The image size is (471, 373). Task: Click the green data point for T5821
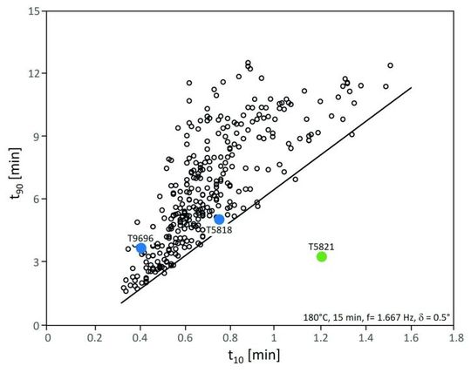tap(321, 256)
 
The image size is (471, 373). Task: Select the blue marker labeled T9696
tap(140, 248)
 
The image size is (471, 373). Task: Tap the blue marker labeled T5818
tap(219, 220)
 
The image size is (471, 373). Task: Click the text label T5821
tap(321, 246)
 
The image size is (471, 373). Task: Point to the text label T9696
tap(141, 237)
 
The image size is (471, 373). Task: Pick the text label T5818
tap(218, 230)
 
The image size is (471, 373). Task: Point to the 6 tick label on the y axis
tap(37, 200)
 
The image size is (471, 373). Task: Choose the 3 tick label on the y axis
tap(37, 262)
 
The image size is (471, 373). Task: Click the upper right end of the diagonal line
tap(411, 87)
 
